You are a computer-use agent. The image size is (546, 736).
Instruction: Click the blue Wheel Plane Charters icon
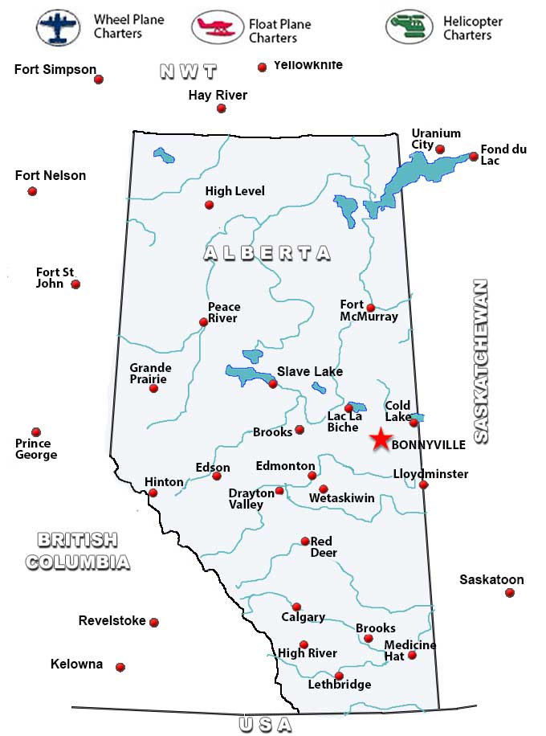[x=59, y=27]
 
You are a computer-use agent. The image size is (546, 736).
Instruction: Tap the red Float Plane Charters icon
[x=217, y=27]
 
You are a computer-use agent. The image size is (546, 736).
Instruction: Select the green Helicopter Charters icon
[x=409, y=27]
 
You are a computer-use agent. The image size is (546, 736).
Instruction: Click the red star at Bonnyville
[x=381, y=439]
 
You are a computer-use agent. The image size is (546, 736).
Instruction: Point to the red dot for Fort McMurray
[x=370, y=308]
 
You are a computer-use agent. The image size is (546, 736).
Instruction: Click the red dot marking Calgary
[x=296, y=607]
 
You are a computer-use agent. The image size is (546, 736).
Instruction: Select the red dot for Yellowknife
[x=262, y=67]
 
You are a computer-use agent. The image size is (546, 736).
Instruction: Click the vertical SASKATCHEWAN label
[x=480, y=362]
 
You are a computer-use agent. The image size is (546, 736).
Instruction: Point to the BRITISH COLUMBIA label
[x=77, y=550]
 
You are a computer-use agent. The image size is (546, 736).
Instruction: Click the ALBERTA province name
[x=267, y=253]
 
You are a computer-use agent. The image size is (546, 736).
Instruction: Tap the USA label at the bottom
[x=265, y=724]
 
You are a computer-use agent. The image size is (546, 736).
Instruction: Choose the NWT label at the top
[x=189, y=72]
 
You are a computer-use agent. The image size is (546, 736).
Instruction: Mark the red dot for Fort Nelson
[x=32, y=191]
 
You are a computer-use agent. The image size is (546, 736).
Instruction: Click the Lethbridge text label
[x=340, y=685]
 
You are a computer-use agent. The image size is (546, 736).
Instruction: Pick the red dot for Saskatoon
[x=509, y=593]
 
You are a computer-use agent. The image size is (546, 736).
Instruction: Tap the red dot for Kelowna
[x=120, y=667]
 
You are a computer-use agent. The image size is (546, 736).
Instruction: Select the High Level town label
[x=234, y=191]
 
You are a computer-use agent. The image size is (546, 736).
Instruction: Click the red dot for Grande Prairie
[x=153, y=389]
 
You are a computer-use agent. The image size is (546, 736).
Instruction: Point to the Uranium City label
[x=436, y=139]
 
